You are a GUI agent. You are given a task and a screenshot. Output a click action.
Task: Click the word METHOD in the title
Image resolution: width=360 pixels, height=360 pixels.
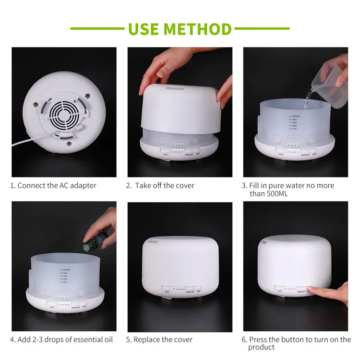click(x=198, y=29)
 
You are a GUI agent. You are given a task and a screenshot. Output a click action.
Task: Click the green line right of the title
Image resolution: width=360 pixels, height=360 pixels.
click(x=262, y=29)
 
